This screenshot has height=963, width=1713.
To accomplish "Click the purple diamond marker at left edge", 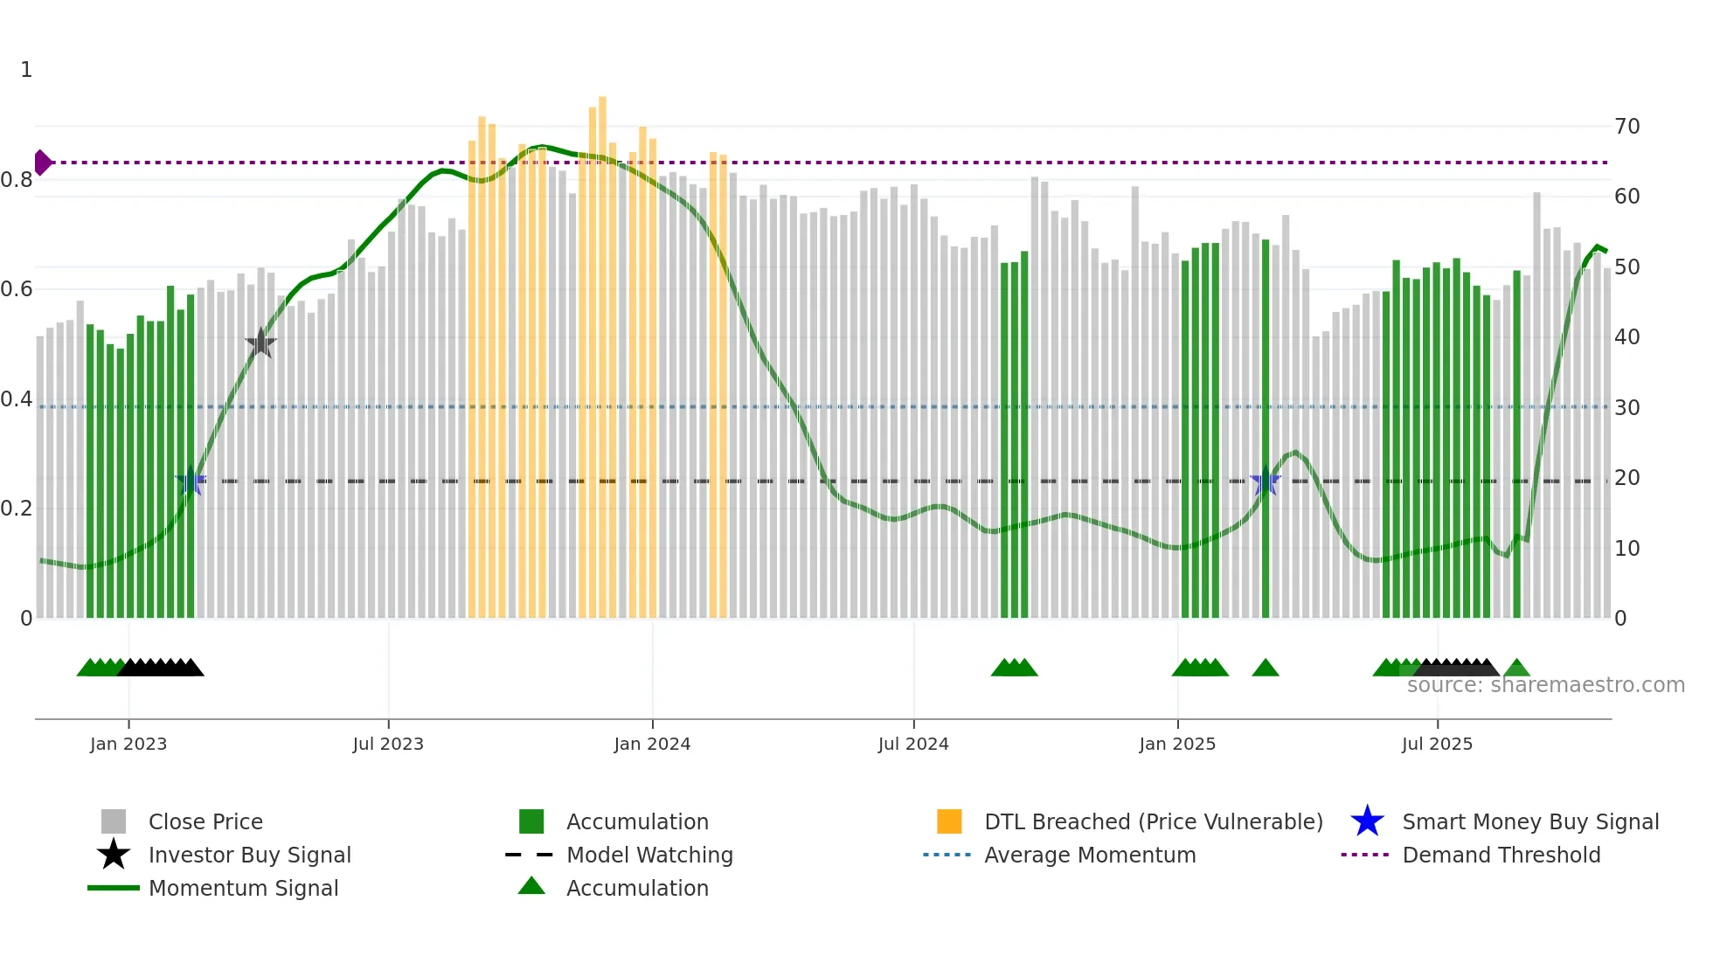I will tap(42, 163).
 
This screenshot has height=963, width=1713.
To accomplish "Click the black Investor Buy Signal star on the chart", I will tap(260, 343).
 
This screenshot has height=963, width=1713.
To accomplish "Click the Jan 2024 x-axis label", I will tap(652, 744).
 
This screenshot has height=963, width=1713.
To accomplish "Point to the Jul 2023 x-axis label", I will tap(388, 744).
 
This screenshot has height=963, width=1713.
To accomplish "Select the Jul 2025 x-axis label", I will tap(1437, 744).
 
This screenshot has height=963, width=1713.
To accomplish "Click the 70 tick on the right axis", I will tap(1626, 127).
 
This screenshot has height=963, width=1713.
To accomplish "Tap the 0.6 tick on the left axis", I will tap(17, 289).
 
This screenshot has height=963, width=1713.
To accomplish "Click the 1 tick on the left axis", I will tap(26, 70).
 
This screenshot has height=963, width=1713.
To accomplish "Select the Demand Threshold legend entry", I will tap(1501, 855).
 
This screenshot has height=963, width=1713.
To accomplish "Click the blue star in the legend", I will tap(1367, 821).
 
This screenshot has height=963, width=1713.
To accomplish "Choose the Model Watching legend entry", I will tap(648, 855).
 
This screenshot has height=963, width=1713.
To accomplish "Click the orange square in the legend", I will tap(949, 821).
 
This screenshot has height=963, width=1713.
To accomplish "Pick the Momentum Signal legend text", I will tap(243, 888).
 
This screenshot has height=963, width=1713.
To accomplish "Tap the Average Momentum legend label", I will tap(1089, 855).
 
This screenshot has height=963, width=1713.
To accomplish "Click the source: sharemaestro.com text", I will tap(1545, 685).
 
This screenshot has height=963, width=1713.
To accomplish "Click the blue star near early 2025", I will tap(1265, 481).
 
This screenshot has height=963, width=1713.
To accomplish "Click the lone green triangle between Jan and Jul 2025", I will tap(1265, 669).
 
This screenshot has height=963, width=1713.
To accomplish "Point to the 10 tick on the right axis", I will tap(1626, 549).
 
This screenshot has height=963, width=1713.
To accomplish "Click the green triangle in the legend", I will tap(531, 886).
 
